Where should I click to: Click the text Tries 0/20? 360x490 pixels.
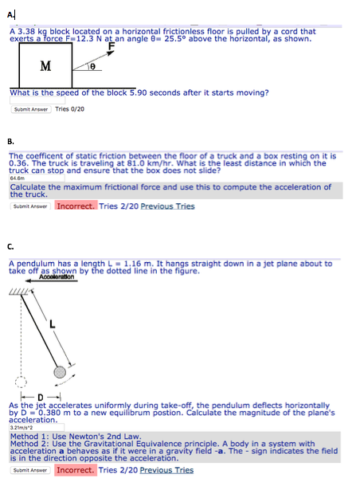(70, 109)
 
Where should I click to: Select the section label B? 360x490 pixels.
(10, 141)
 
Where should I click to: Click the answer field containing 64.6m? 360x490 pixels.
(32, 180)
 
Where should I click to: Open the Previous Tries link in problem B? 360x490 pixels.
(167, 206)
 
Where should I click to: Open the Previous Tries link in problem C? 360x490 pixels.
(167, 470)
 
